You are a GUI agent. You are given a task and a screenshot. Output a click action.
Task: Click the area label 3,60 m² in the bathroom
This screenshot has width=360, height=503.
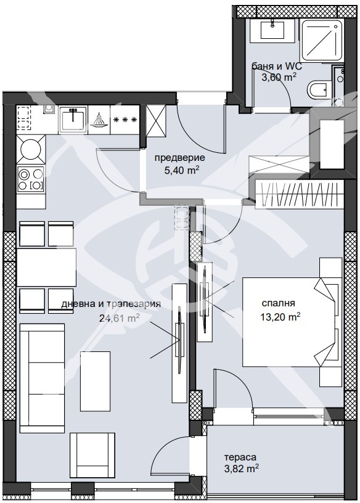(x=279, y=77)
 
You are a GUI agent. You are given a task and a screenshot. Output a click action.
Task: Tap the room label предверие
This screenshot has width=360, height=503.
(x=179, y=158)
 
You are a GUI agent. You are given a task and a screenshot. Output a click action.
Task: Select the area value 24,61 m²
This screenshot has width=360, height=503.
(x=120, y=318)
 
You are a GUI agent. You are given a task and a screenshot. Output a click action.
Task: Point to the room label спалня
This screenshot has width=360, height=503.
(x=278, y=303)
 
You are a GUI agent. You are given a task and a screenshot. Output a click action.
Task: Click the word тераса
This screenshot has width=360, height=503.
(x=240, y=457)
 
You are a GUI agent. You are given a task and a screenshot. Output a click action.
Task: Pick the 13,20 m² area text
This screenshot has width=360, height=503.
(x=280, y=317)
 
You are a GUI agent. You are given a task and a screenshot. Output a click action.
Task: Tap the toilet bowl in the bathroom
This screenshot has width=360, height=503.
(x=317, y=90)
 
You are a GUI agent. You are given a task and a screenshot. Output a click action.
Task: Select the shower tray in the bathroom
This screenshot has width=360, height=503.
(x=322, y=40)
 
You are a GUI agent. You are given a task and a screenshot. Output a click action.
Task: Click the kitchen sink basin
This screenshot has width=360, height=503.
(x=73, y=120)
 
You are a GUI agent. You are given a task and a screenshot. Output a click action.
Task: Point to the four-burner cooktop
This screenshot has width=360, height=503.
(x=30, y=179)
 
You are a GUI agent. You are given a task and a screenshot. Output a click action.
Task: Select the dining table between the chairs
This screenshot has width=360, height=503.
(x=46, y=267)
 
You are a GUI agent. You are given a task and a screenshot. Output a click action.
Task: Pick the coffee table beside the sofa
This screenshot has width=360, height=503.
(x=95, y=381)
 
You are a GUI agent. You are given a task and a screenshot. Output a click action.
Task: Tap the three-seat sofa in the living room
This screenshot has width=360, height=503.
(x=42, y=378)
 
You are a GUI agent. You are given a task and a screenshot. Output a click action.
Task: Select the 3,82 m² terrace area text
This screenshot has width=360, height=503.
(x=242, y=469)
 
